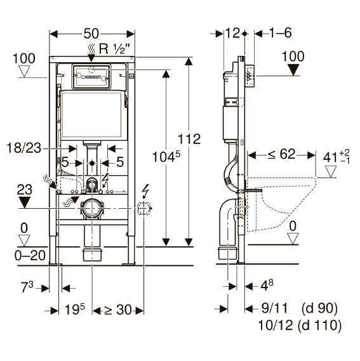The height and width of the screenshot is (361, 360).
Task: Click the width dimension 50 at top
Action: (91, 34)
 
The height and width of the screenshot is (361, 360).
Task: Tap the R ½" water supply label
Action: (114, 49)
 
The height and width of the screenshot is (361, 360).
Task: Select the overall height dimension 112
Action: (189, 140)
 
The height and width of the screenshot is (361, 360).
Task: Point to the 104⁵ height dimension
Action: (166, 157)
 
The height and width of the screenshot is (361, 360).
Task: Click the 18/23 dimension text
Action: (23, 148)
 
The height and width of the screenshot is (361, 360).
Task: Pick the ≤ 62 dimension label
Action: (281, 154)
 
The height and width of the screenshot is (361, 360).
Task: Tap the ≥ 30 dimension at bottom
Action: (117, 310)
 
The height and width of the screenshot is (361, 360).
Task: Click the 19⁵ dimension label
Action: (75, 309)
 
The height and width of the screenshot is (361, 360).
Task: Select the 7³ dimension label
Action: (27, 287)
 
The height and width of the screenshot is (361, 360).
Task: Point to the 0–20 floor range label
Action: (30, 256)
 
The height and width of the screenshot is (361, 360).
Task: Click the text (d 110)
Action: (319, 325)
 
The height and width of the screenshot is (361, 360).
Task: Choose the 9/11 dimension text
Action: (275, 308)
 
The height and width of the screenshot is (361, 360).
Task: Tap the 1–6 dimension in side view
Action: (280, 33)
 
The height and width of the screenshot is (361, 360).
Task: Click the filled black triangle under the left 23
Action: (24, 202)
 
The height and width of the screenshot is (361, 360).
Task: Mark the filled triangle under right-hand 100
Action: (293, 70)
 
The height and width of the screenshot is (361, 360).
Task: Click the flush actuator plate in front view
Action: (91, 77)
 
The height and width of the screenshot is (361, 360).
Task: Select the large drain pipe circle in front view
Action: (92, 208)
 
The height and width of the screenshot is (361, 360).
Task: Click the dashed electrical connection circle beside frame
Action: (144, 208)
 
